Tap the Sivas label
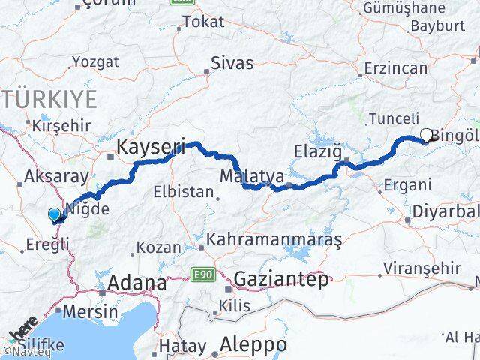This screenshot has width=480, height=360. [232, 63]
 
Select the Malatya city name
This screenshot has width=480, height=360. [253, 177]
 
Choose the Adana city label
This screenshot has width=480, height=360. [137, 283]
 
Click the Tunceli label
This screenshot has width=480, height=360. [388, 118]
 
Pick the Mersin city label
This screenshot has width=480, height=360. [91, 311]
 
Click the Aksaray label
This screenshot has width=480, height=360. [46, 176]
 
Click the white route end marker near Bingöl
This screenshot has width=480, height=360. [427, 136]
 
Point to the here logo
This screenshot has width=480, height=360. [23, 331]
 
